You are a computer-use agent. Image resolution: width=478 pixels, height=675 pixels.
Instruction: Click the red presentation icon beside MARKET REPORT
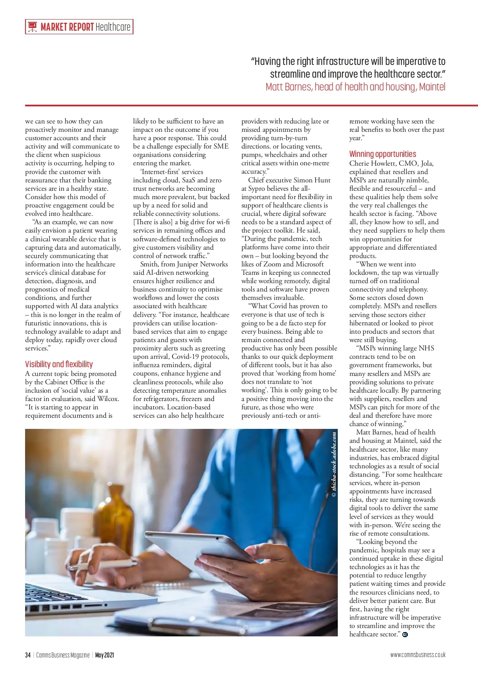32,27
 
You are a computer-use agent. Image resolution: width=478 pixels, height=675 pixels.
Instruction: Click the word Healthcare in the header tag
113,27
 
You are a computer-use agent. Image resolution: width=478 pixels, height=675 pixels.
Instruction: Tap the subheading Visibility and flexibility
59,364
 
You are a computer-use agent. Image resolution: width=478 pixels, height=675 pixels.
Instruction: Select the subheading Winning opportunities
382,154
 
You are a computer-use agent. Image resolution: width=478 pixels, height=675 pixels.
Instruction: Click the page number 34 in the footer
27,655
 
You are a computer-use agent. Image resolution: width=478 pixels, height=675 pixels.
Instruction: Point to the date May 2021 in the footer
105,655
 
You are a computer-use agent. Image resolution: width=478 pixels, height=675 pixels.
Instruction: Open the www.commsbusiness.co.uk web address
418,655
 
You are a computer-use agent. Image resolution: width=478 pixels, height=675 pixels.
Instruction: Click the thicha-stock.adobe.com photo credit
334,464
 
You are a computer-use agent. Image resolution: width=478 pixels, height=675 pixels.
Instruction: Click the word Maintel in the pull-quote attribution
432,87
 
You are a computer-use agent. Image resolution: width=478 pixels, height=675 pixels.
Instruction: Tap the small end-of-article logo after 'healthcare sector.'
405,635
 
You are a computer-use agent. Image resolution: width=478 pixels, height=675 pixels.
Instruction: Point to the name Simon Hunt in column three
312,180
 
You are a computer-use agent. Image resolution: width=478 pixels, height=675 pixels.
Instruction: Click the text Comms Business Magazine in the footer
63,655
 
